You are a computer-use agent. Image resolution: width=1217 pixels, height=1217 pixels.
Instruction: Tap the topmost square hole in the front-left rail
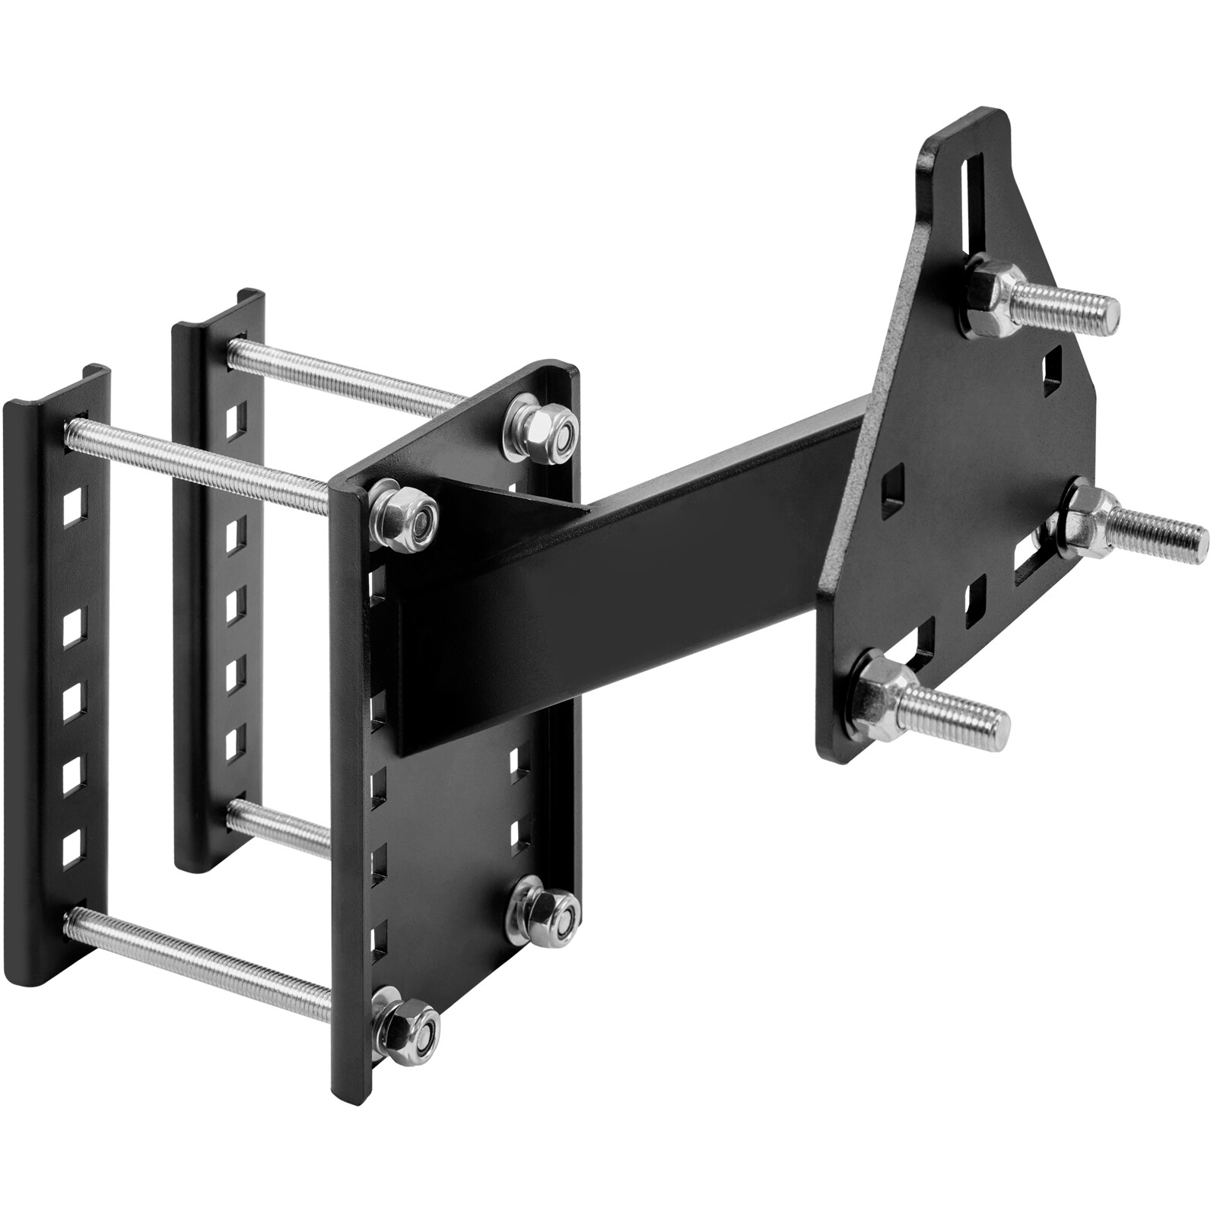tap(74, 502)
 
